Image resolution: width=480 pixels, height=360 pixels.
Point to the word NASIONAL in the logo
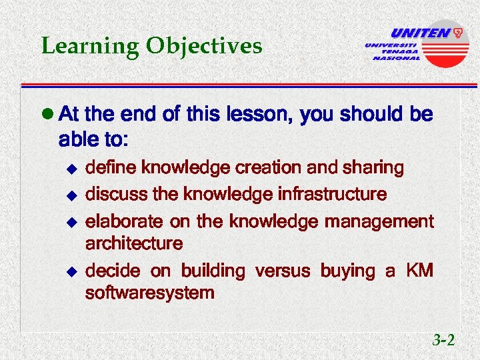click(x=397, y=58)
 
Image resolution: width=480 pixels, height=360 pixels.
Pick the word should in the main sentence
click(x=370, y=115)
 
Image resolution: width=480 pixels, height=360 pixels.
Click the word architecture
click(x=134, y=243)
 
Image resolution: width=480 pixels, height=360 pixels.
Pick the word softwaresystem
click(x=150, y=293)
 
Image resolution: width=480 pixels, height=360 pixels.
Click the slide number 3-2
click(x=443, y=341)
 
